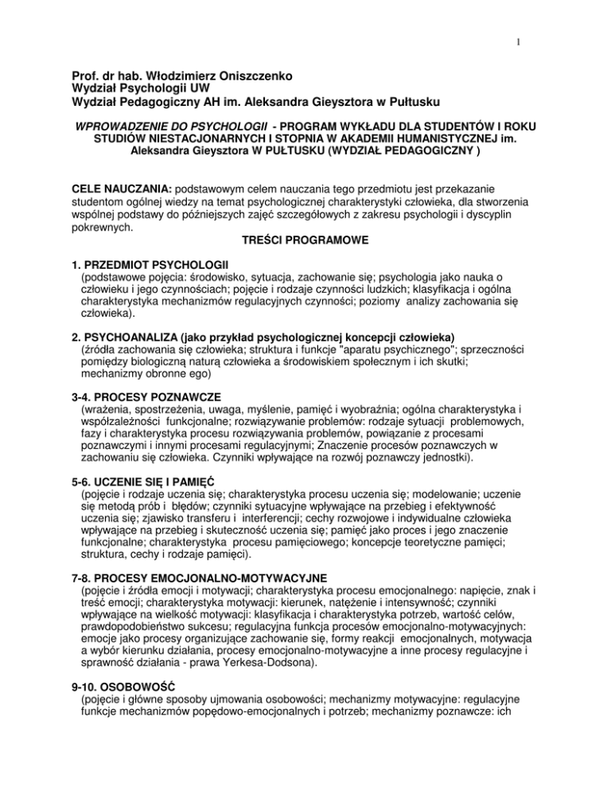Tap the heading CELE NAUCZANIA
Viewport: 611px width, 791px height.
click(x=117, y=208)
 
